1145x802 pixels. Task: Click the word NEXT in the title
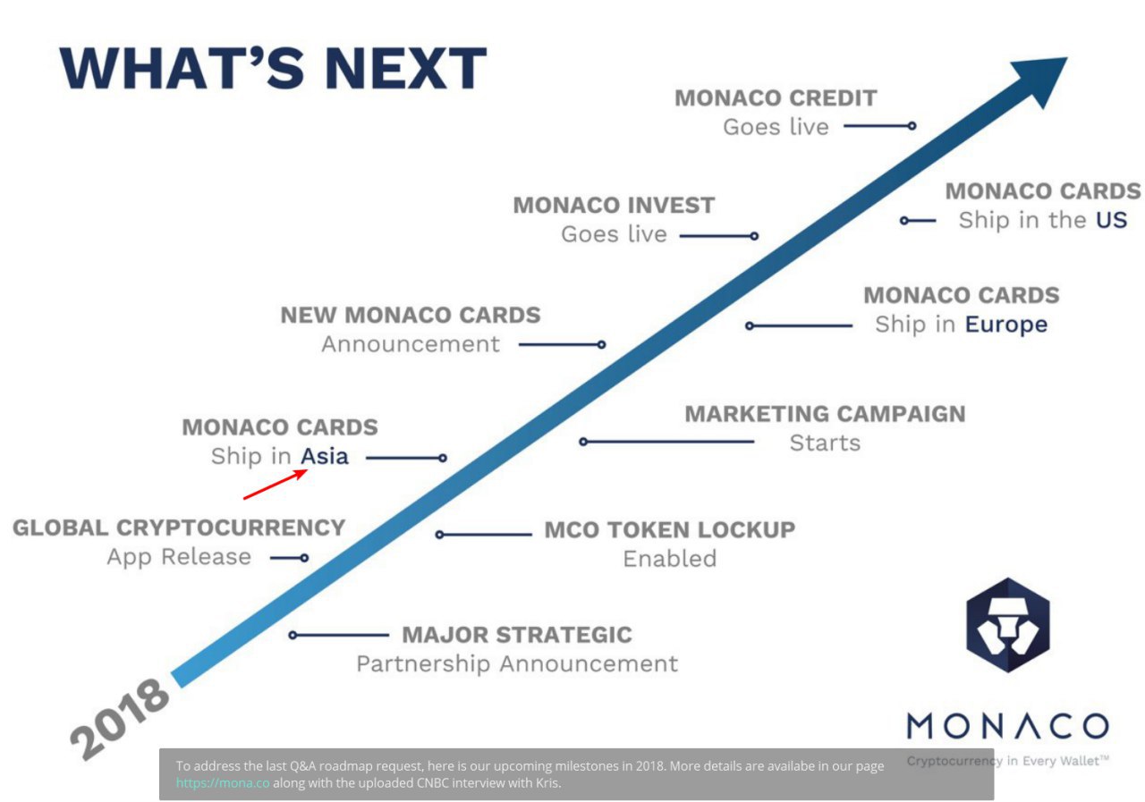click(405, 68)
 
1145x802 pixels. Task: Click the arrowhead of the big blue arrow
click(1043, 80)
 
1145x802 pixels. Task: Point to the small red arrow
click(275, 485)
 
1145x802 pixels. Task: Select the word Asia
click(325, 456)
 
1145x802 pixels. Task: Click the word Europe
click(1006, 325)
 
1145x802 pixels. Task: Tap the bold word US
click(1111, 220)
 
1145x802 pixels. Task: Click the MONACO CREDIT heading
click(776, 98)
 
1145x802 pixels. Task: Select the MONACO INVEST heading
click(614, 206)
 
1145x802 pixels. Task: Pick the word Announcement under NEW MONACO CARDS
click(411, 344)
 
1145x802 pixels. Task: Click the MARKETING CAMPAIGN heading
click(825, 414)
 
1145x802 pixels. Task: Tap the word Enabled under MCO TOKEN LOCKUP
click(670, 559)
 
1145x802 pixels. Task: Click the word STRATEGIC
click(564, 635)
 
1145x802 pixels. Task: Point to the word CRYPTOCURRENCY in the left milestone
click(231, 528)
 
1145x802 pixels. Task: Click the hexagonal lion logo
click(1008, 625)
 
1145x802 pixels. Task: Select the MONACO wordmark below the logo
click(1008, 726)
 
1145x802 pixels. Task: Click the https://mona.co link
click(223, 783)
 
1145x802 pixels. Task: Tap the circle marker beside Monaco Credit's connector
click(912, 126)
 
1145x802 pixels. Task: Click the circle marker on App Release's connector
click(304, 558)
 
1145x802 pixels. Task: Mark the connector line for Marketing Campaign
click(666, 442)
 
